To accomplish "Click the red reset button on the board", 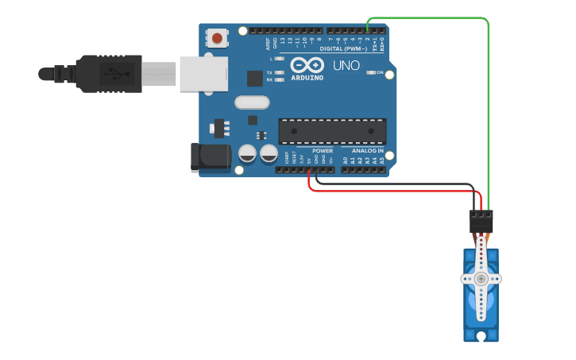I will [217, 37].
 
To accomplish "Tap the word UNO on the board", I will [346, 65].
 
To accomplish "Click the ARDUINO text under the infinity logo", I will [307, 78].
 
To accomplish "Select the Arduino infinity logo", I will [307, 64].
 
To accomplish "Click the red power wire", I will [397, 191].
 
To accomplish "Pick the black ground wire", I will [397, 184].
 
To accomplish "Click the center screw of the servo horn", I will [481, 278].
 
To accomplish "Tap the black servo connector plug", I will [481, 220].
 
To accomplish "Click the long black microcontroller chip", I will [332, 131].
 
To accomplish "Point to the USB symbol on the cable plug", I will [120, 74].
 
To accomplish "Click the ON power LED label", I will [380, 73].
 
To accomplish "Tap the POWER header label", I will [323, 150].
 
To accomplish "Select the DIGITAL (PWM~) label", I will [343, 48].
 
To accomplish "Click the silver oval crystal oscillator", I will [253, 102].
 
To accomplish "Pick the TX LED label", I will [269, 72].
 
